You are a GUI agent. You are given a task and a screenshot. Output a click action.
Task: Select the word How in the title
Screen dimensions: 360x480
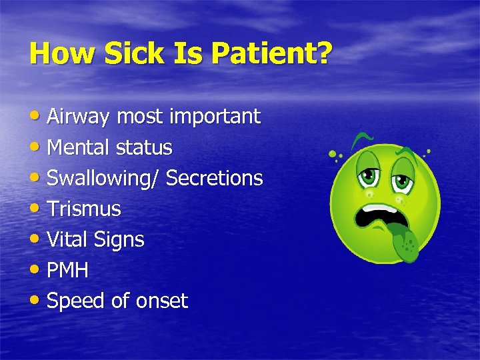54,53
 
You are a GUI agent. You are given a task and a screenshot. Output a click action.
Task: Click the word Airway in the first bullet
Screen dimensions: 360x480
79,117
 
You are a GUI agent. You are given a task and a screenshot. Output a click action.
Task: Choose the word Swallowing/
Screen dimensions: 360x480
103,179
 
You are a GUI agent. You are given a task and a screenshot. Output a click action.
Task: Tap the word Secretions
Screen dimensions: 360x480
214,178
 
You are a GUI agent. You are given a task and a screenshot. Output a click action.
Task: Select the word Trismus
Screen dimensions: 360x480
84,209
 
